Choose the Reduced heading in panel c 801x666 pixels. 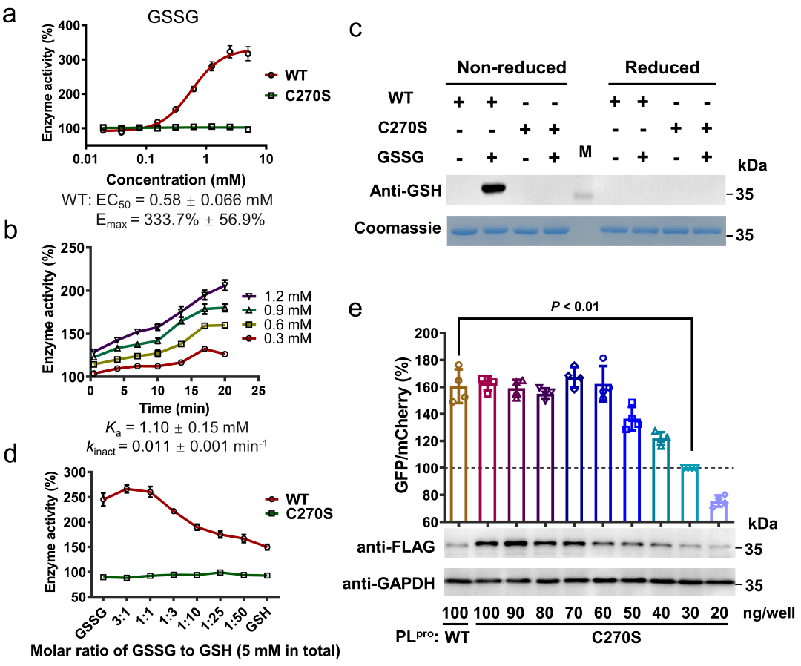click(662, 68)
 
